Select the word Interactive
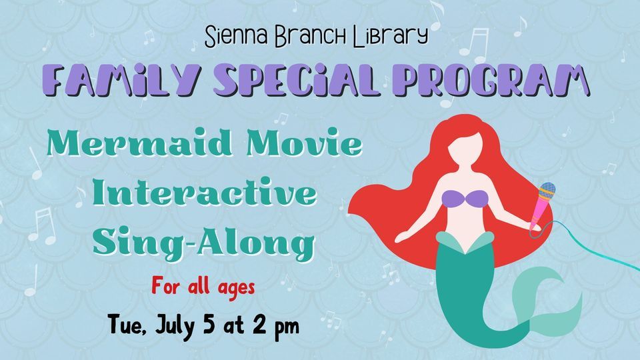(203, 194)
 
